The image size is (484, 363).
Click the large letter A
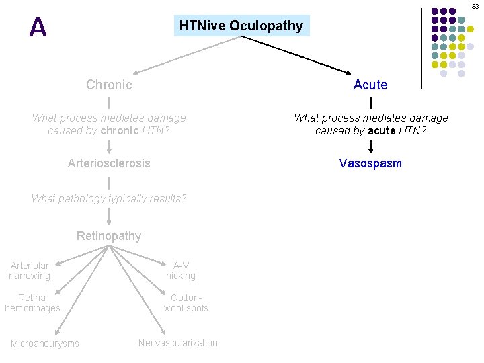(x=38, y=28)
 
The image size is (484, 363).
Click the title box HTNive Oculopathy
(x=241, y=26)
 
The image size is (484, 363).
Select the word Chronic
(x=109, y=85)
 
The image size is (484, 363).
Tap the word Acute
(x=370, y=85)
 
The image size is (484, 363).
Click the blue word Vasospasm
(x=370, y=163)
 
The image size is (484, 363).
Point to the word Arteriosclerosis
(x=109, y=163)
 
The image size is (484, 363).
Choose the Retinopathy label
(x=109, y=236)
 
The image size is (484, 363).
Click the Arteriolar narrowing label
(x=30, y=271)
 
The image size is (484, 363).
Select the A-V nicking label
(x=181, y=271)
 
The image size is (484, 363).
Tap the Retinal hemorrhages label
(x=32, y=303)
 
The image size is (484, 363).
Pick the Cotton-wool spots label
(x=186, y=303)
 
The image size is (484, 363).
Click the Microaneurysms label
(x=45, y=344)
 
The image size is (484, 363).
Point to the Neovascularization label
(x=178, y=343)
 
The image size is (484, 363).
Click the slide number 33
(x=475, y=5)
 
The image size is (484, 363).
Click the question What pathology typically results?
(x=109, y=198)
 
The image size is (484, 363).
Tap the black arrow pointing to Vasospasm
(x=370, y=147)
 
